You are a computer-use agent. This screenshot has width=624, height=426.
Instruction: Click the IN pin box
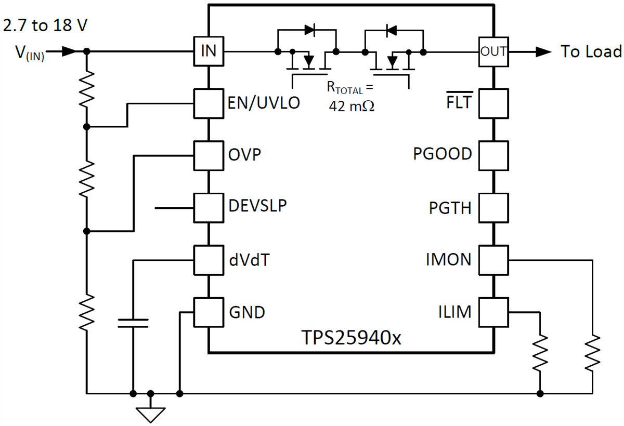click(208, 51)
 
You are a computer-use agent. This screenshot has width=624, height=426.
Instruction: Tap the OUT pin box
click(492, 51)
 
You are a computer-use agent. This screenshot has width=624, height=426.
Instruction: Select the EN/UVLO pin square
click(208, 103)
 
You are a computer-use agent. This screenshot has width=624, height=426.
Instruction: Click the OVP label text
click(244, 155)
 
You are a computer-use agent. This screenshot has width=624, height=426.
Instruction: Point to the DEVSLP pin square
click(208, 208)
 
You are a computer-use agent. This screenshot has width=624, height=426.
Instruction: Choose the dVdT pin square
click(208, 260)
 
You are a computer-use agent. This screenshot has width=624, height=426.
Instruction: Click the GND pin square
click(208, 312)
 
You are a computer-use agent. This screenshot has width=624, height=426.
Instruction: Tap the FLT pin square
click(492, 103)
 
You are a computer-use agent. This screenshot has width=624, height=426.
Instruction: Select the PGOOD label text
click(443, 155)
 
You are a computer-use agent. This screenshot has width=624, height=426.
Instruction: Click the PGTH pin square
click(492, 208)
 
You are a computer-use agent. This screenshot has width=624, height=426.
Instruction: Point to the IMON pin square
click(492, 260)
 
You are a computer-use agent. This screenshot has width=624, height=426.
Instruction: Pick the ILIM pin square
click(492, 312)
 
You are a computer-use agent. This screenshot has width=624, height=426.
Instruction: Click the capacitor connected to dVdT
click(133, 323)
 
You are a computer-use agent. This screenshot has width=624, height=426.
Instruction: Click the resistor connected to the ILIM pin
click(541, 353)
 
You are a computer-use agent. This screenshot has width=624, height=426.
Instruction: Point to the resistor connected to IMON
click(592, 353)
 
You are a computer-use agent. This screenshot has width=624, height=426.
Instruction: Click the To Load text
click(591, 51)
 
